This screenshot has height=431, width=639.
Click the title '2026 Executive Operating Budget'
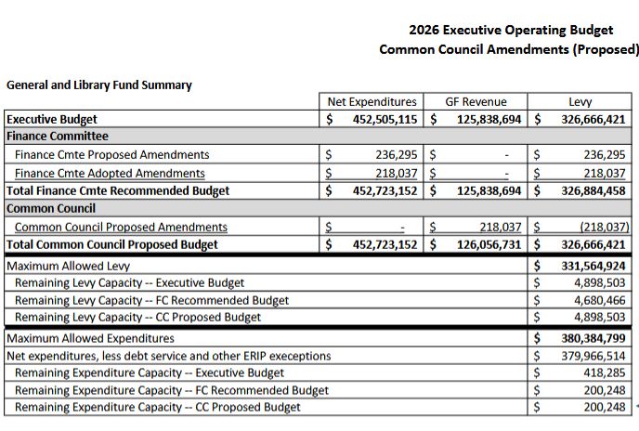coord(511,30)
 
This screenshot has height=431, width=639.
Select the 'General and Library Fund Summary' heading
coord(99,85)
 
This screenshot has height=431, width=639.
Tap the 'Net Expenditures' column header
coord(372,101)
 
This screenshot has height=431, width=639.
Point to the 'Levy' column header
coord(581,101)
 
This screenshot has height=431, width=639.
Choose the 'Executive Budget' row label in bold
coord(52,119)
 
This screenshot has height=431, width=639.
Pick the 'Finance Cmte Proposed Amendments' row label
coord(112,155)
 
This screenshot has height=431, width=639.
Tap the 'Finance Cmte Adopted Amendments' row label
coord(111,173)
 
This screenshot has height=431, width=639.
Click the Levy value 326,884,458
coord(587,190)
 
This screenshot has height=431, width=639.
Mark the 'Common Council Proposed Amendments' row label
coord(121,227)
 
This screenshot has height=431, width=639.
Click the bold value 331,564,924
coord(587,265)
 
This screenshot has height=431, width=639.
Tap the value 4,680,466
coord(599,300)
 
